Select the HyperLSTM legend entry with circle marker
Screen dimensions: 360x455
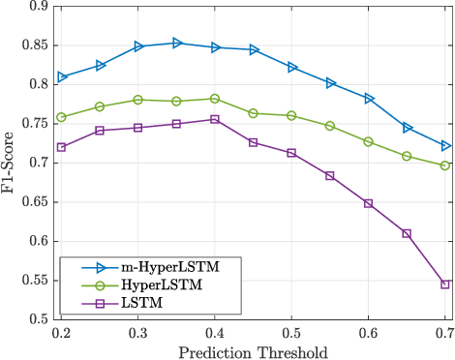click(136, 285)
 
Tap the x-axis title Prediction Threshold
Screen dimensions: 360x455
click(254, 350)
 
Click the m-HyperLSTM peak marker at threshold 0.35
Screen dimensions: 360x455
click(176, 43)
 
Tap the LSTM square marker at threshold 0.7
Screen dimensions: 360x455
click(444, 285)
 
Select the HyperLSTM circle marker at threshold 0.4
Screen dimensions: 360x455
click(215, 99)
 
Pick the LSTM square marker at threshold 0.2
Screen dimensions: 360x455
click(62, 147)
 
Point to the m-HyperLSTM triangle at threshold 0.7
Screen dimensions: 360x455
click(444, 146)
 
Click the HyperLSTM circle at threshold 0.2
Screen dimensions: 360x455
click(62, 117)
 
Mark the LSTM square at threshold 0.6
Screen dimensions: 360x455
click(368, 203)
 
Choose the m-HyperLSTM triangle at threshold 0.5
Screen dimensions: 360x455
click(291, 67)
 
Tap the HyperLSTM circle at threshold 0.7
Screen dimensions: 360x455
click(444, 165)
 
